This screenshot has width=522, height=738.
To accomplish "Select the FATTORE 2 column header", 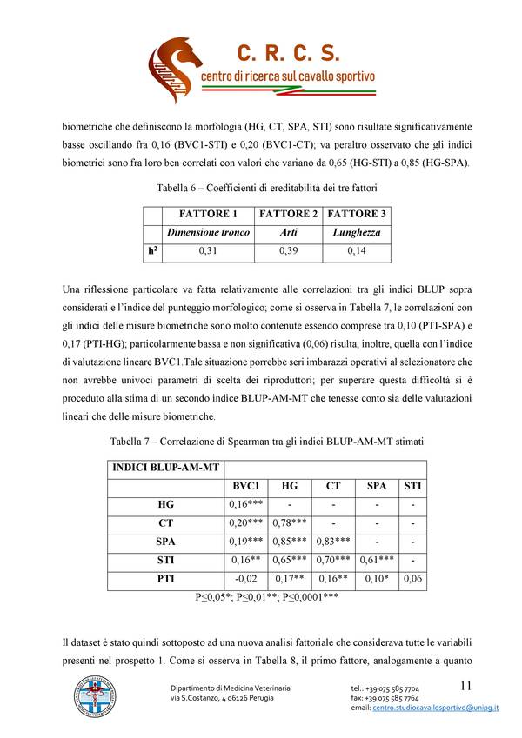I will pyautogui.click(x=289, y=214).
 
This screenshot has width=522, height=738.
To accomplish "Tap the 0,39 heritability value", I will pyautogui.click(x=289, y=251).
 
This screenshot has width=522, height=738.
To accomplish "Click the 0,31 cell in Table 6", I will pyautogui.click(x=208, y=251).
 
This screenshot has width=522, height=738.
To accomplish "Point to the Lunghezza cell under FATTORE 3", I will pyautogui.click(x=356, y=232).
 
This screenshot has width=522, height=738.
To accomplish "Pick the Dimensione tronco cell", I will pyautogui.click(x=208, y=232).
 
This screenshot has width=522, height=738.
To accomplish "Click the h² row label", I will pyautogui.click(x=151, y=251).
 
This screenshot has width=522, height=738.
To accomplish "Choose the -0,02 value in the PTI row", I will pyautogui.click(x=246, y=578).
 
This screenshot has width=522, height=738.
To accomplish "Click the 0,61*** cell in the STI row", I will pyautogui.click(x=375, y=560).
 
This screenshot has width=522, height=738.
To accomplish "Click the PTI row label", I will pyautogui.click(x=165, y=578).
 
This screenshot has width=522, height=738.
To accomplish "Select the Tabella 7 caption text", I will pyautogui.click(x=261, y=442).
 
